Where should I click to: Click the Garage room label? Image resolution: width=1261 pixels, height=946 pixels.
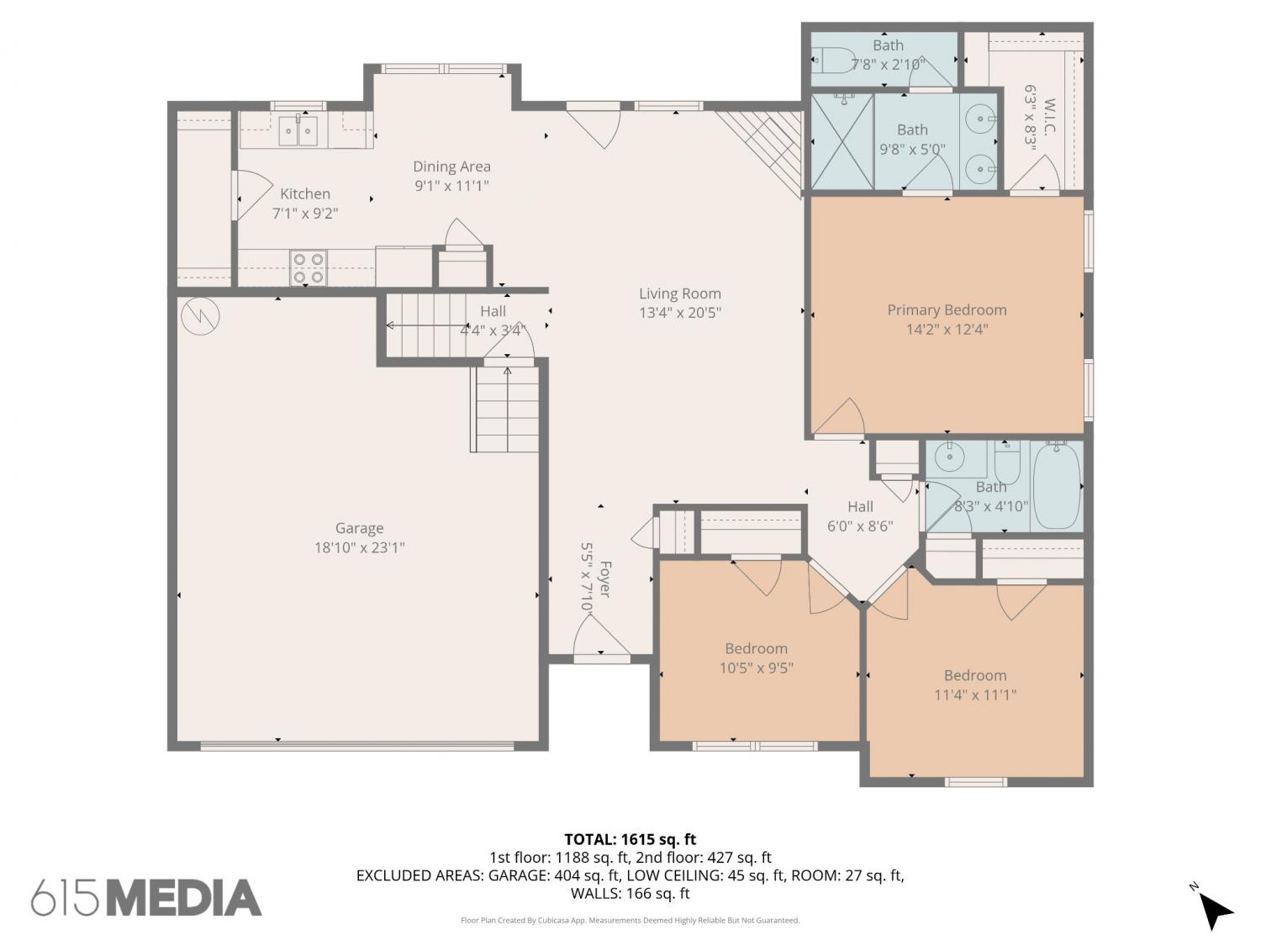pyautogui.click(x=359, y=528)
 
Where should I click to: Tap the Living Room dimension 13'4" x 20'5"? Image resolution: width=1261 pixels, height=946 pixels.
pyautogui.click(x=679, y=313)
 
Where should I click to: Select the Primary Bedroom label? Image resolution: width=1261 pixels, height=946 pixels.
pyautogui.click(x=947, y=310)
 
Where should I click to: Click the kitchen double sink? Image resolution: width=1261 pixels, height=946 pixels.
pyautogui.click(x=298, y=131)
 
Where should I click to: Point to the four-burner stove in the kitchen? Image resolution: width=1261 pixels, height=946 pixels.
pyautogui.click(x=308, y=267)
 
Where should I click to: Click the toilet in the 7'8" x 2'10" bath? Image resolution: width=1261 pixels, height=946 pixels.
pyautogui.click(x=834, y=60)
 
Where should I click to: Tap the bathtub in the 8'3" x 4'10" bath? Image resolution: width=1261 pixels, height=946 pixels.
pyautogui.click(x=1056, y=485)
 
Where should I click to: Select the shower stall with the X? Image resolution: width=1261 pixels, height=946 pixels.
pyautogui.click(x=842, y=142)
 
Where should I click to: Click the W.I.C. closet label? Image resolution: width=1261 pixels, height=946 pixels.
pyautogui.click(x=1048, y=117)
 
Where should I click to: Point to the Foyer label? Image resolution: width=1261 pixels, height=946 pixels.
pyautogui.click(x=604, y=579)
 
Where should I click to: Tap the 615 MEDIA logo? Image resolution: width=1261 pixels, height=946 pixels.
pyautogui.click(x=146, y=897)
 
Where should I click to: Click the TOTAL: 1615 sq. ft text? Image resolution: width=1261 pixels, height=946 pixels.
pyautogui.click(x=630, y=840)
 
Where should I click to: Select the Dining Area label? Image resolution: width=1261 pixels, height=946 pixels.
pyautogui.click(x=451, y=166)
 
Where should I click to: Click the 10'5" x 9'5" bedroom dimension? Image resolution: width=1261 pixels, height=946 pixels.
pyautogui.click(x=756, y=668)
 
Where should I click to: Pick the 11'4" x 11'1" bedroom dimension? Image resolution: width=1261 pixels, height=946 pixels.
pyautogui.click(x=975, y=695)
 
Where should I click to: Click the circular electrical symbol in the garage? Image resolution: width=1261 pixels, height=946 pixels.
pyautogui.click(x=200, y=315)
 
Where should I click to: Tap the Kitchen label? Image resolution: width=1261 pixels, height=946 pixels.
pyautogui.click(x=305, y=193)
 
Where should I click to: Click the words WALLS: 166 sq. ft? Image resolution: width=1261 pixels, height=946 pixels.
pyautogui.click(x=630, y=893)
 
